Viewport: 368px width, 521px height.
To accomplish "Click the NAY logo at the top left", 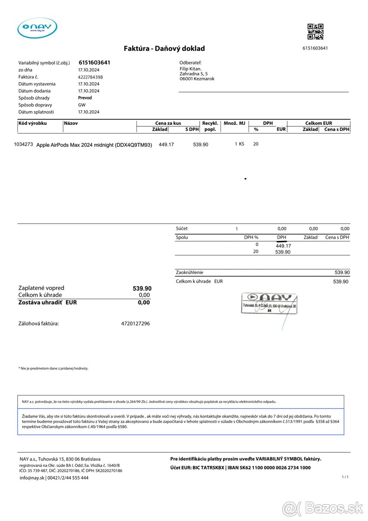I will (37, 28).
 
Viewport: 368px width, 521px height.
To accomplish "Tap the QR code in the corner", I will (315, 32).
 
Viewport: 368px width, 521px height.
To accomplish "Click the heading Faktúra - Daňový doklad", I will (164, 49).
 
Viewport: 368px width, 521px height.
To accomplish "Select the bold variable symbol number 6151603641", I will (94, 63).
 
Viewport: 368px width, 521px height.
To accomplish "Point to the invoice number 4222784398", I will (90, 77).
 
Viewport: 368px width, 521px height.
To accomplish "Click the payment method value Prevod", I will (85, 98).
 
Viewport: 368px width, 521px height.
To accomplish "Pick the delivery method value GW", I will (82, 105).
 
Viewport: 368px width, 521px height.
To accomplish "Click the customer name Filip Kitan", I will (190, 69).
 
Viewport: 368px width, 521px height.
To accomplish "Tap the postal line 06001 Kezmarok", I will (197, 79).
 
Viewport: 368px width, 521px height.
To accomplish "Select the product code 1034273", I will (23, 144).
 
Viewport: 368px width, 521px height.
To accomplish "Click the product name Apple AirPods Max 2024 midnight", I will (94, 145).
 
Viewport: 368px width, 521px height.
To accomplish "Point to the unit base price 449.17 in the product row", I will (166, 145).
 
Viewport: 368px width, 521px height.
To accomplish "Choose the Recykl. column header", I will (210, 123).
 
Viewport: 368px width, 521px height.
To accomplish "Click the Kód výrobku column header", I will (33, 123).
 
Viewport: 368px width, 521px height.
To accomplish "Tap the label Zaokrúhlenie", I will (189, 272).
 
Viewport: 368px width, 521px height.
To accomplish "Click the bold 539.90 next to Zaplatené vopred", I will (142, 288).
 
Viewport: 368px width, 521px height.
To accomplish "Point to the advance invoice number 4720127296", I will (135, 323).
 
